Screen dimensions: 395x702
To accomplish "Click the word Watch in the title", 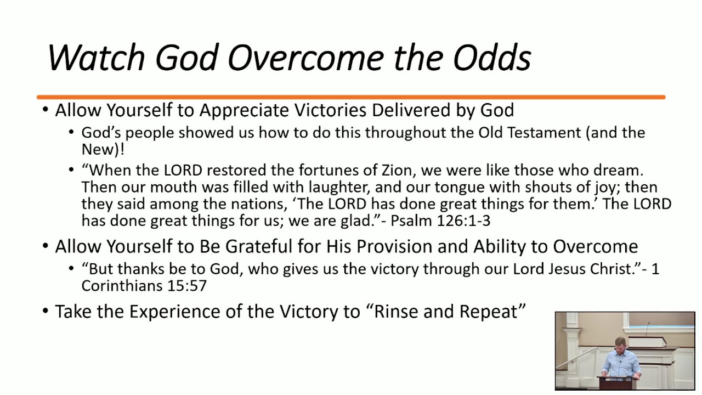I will (96, 58).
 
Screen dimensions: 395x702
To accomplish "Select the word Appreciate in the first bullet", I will (245, 110).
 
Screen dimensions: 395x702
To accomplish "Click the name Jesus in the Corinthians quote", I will (551, 269).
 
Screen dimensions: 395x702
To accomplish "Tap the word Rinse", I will (398, 312).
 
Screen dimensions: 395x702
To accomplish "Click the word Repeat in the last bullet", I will (492, 312).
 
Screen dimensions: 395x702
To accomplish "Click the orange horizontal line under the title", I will (351, 98).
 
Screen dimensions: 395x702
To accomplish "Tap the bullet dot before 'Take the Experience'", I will (46, 312).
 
